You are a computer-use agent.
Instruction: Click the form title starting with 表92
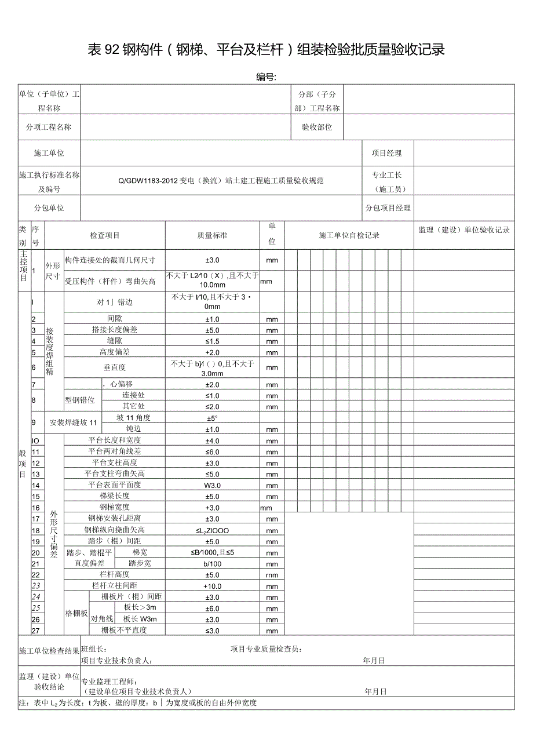click(266, 50)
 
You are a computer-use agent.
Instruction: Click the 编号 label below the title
click(266, 77)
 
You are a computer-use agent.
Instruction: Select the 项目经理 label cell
click(386, 153)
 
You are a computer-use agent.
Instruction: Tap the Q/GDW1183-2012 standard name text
click(221, 180)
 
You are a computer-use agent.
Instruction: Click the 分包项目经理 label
click(388, 208)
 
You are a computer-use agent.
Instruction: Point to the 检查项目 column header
click(105, 235)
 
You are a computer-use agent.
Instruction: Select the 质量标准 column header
click(213, 235)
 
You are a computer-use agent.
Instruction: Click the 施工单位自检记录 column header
click(349, 235)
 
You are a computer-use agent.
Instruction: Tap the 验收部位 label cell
click(317, 127)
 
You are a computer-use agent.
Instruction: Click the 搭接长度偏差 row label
click(114, 330)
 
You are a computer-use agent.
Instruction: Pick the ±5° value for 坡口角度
click(213, 418)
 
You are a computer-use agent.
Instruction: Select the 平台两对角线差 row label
click(114, 451)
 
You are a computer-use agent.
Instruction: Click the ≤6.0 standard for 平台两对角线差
click(213, 451)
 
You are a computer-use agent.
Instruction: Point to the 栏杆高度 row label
click(114, 574)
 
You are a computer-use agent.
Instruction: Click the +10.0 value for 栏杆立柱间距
click(213, 586)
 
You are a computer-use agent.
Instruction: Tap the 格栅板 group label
click(76, 614)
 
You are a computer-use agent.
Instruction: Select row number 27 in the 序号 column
click(36, 630)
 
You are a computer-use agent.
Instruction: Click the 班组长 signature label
click(93, 649)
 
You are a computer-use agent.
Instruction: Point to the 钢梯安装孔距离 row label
click(114, 519)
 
